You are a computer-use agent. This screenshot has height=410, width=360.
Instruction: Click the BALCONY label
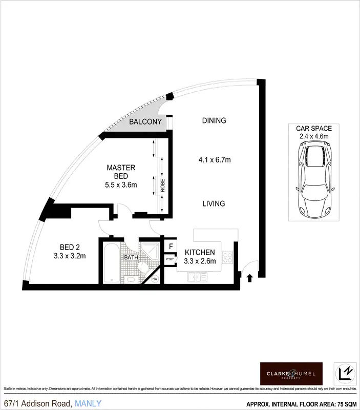145,122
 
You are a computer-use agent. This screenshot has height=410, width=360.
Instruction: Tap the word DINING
214,121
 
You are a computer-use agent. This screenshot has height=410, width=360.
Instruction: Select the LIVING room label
214,203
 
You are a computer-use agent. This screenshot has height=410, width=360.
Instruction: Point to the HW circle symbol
154,279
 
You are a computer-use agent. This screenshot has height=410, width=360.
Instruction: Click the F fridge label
171,247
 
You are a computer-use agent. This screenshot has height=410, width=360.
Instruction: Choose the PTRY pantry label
170,260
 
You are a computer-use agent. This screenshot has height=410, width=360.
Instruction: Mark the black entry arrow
250,278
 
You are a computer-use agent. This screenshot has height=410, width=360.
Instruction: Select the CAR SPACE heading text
313,128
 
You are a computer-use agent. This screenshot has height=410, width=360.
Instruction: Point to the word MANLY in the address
88,403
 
